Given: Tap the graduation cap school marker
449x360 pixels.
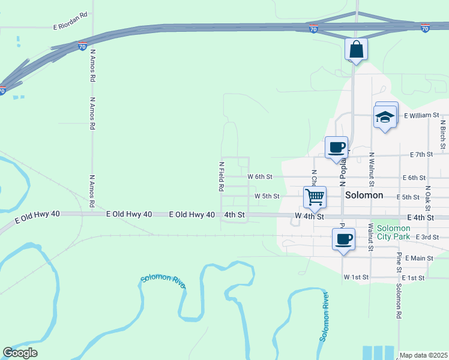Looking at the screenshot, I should [385, 117].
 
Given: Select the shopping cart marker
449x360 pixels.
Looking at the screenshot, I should [315, 197].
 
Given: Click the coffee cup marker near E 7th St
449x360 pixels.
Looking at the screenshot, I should [337, 148].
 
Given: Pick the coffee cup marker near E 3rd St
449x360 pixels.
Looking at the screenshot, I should [343, 239].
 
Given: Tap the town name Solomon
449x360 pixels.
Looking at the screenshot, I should [364, 196].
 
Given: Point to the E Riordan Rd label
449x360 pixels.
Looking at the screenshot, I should [70, 27].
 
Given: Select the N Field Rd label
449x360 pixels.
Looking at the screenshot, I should [221, 176].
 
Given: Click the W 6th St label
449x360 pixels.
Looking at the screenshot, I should [260, 177].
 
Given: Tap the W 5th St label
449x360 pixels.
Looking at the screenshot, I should [267, 196].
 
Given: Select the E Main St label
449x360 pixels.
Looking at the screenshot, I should [419, 258].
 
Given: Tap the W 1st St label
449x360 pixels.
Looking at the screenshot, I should [356, 278].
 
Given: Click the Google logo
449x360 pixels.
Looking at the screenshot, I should [20, 353].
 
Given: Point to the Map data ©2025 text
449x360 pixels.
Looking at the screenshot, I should [423, 355].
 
